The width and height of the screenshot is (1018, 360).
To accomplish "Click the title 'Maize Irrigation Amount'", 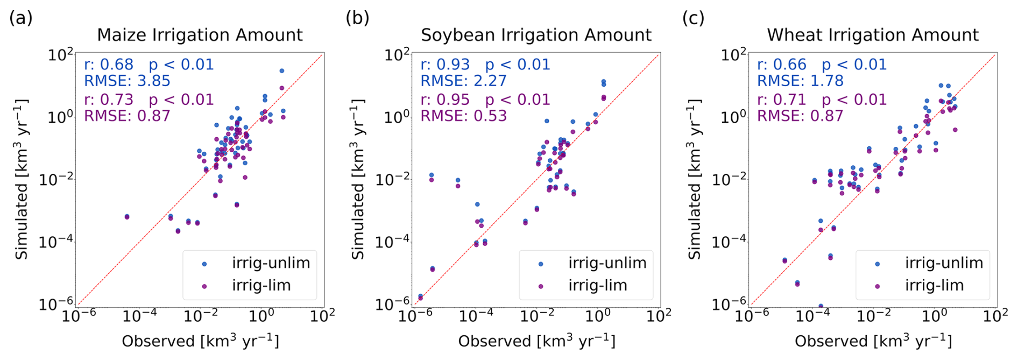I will click(200, 35).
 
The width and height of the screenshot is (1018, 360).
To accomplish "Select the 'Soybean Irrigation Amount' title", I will click(536, 35).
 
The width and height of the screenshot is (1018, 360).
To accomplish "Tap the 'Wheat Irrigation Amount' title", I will click(872, 35).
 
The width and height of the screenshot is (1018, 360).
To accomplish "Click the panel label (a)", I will click(21, 18).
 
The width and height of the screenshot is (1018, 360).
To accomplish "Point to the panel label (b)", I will click(357, 18).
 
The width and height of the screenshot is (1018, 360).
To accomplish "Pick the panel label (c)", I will click(693, 18).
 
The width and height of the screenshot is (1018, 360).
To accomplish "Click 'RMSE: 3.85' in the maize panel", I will click(127, 81).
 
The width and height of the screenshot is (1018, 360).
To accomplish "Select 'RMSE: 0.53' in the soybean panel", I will click(463, 116).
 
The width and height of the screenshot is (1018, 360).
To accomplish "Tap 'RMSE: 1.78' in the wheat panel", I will click(800, 81).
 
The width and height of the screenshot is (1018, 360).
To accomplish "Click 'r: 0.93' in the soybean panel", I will click(445, 65).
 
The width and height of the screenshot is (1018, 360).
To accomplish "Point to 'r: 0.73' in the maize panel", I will click(109, 100).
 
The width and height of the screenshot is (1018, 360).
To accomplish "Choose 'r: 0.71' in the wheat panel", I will click(782, 100).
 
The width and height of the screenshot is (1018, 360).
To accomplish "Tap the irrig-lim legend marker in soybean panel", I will click(541, 286).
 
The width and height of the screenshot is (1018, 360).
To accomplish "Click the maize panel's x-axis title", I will click(200, 341).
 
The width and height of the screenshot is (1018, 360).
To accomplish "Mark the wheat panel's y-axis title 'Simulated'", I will click(694, 179).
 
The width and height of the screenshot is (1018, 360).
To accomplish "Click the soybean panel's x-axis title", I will click(536, 341).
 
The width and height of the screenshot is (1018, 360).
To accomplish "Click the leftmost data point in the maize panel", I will click(127, 216).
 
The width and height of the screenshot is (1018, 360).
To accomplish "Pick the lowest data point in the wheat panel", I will click(821, 306).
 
